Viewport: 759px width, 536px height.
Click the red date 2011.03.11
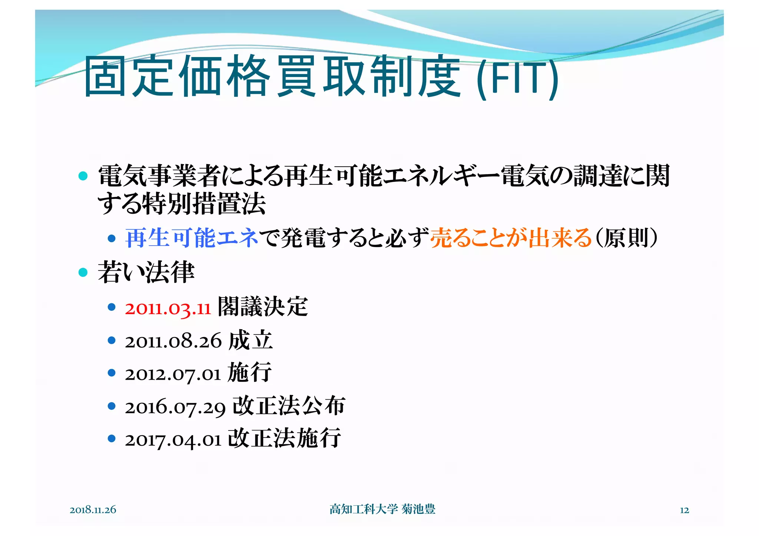pos(168,308)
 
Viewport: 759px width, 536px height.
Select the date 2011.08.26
pos(173,341)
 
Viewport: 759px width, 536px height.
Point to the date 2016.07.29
pos(175,407)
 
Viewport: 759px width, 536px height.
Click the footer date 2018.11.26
pos(93,510)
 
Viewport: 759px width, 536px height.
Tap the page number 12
pos(684,510)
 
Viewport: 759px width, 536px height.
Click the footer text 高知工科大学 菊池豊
pos(382,509)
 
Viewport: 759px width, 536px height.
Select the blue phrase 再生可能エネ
pos(192,237)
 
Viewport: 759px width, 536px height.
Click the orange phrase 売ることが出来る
pos(511,237)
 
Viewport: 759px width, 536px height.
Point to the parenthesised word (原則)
pos(626,237)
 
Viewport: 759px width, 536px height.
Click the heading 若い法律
pos(146,272)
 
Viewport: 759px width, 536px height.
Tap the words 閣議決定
pos(262,307)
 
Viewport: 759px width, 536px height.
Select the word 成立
pos(251,340)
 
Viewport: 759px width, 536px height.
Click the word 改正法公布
pos(289,406)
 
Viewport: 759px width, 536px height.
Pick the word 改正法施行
pos(284,438)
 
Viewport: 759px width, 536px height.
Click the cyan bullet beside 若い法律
pos(83,273)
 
